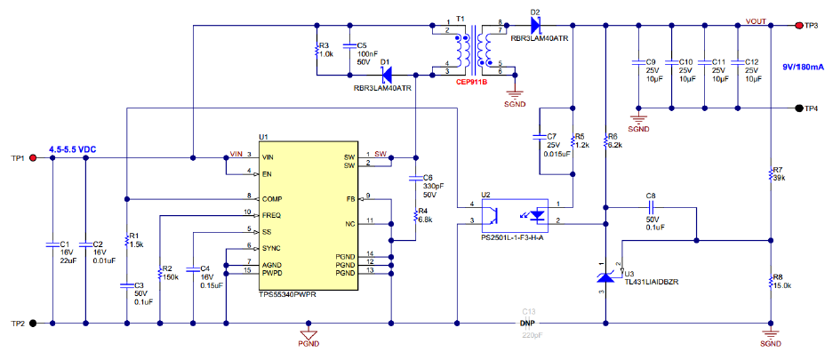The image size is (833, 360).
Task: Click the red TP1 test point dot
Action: (x=32, y=157)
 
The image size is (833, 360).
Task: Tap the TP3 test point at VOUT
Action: (x=798, y=25)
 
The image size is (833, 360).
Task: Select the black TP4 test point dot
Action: (x=798, y=108)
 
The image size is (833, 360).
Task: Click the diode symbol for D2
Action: (x=534, y=24)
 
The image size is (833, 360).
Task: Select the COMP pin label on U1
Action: (x=272, y=199)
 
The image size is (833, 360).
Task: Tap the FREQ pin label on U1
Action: (x=271, y=216)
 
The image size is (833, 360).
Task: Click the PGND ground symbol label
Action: (x=308, y=343)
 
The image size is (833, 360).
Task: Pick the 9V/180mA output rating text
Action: (x=804, y=68)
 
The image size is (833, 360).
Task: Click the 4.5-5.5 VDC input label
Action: (x=73, y=150)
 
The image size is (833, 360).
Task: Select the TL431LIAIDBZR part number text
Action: (x=653, y=282)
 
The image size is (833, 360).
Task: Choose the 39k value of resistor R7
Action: (x=780, y=178)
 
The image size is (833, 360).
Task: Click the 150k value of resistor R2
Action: (x=171, y=277)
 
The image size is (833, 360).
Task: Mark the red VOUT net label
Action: (x=756, y=21)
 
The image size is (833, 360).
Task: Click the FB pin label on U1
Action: (x=351, y=199)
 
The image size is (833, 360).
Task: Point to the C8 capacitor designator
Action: (x=651, y=196)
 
